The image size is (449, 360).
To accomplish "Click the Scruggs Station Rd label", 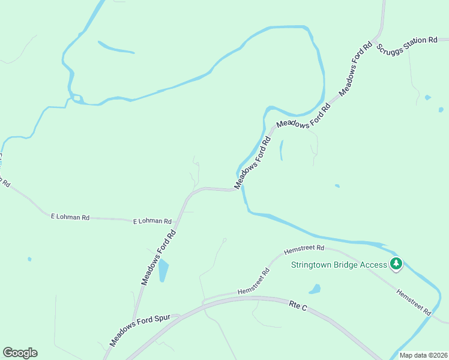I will [407, 45].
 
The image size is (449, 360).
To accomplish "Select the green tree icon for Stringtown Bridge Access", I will [396, 263].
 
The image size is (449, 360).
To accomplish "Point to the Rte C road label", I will [297, 306].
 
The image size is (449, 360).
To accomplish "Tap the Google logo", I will [20, 353].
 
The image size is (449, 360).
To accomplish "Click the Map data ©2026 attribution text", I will [423, 355].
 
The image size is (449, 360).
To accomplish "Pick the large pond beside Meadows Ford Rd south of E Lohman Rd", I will [163, 271].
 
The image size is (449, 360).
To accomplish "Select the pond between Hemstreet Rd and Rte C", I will [315, 289].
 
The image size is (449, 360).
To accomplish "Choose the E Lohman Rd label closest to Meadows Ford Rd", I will [152, 221].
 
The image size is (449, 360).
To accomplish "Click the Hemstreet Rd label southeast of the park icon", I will [414, 302].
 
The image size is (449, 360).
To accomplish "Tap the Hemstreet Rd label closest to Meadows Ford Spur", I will [254, 281].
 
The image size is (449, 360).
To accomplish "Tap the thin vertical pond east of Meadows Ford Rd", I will [281, 150].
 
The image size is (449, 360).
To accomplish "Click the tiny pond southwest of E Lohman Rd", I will [29, 259].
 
